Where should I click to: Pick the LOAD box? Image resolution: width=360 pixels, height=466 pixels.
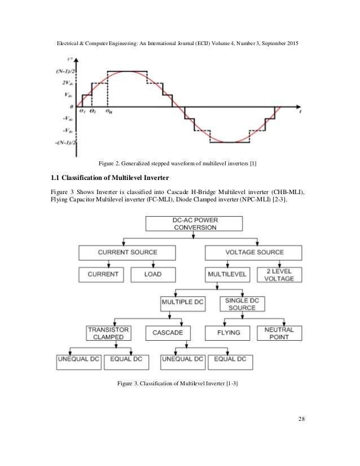point(153,274)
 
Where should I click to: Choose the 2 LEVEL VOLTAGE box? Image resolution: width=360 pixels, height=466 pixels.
point(279,274)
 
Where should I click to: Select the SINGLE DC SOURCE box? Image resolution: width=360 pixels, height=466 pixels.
point(242,304)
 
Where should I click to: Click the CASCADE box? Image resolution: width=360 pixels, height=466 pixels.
point(168,333)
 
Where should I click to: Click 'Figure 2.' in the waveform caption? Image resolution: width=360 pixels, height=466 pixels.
point(110,164)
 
